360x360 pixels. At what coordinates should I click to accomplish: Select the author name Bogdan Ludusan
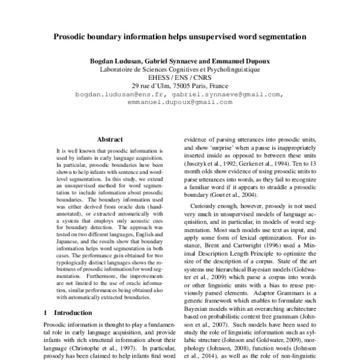(x=115, y=61)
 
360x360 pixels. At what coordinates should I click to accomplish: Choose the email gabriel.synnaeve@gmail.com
(x=227, y=94)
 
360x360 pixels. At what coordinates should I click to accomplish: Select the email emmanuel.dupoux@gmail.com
(x=180, y=102)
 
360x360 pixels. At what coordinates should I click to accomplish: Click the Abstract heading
(x=110, y=139)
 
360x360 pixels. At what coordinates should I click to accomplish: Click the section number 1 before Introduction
(x=46, y=313)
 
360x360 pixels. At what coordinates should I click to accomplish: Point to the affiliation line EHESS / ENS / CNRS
(x=180, y=77)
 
